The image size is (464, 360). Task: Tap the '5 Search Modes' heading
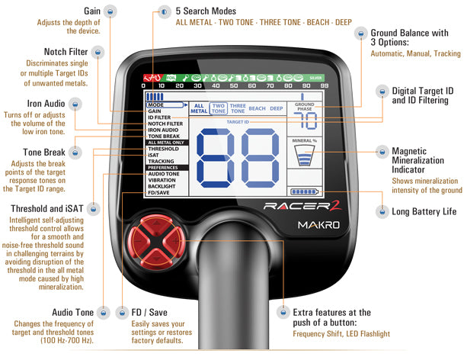click(x=206, y=11)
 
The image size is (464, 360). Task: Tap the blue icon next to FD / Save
click(x=123, y=312)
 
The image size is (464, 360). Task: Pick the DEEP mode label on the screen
click(x=275, y=109)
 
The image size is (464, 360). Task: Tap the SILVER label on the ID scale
click(x=315, y=78)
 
